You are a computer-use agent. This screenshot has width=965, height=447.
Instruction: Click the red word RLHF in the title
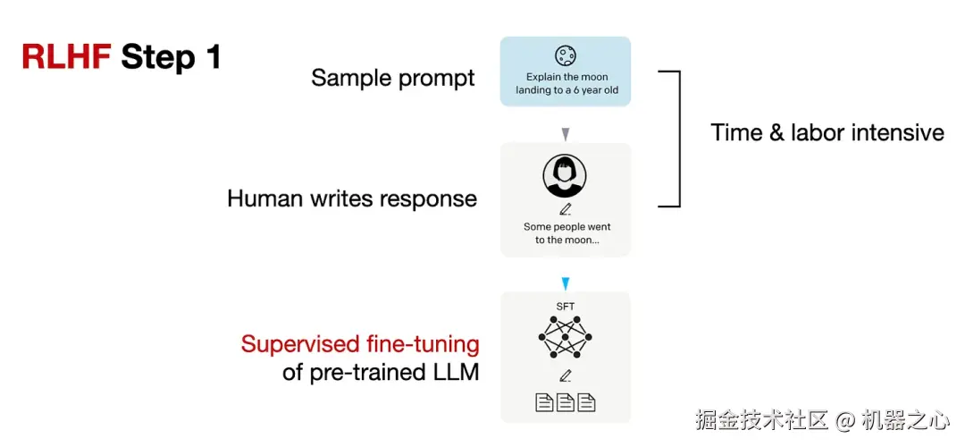[67, 57]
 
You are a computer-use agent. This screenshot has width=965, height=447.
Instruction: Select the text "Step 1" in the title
[171, 57]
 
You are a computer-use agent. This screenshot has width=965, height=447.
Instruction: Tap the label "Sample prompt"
[392, 78]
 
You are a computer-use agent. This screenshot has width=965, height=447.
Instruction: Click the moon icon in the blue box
[565, 56]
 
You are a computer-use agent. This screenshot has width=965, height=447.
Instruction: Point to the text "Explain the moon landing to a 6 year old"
[566, 84]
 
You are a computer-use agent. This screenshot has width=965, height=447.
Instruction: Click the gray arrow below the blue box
[565, 134]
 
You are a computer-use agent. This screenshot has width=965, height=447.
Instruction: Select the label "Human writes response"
[351, 198]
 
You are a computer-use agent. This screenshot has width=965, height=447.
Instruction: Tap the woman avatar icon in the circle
[565, 176]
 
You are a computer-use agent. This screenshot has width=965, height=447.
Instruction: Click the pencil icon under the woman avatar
[565, 210]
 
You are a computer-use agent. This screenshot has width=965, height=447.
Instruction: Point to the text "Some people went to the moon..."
[566, 233]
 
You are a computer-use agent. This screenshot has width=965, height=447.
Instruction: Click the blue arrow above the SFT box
[565, 283]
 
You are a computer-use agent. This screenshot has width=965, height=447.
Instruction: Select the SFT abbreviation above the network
[565, 307]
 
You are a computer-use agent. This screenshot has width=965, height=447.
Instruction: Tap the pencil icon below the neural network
[565, 376]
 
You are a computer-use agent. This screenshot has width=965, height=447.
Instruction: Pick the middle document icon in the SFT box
[565, 402]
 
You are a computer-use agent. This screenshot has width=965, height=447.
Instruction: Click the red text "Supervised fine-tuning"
[360, 344]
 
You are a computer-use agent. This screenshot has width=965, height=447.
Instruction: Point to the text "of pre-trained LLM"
[381, 372]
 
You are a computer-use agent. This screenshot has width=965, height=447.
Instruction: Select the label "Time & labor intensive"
[827, 133]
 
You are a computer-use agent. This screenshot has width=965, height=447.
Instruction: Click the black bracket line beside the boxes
[679, 139]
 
